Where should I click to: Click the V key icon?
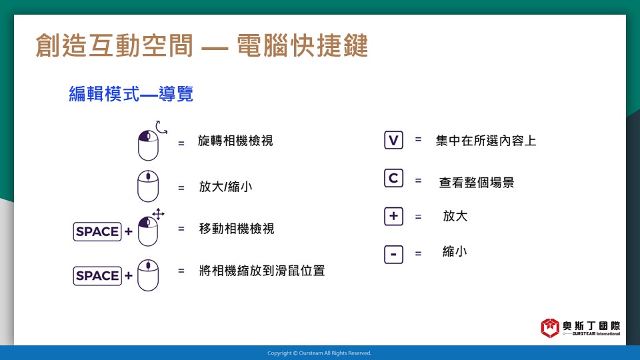coord(393,140)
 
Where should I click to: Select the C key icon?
coord(393,178)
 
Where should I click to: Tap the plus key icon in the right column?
coord(393,216)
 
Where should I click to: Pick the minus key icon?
coord(393,254)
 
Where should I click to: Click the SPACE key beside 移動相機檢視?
coord(97,231)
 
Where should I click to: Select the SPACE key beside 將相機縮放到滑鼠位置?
coord(97,275)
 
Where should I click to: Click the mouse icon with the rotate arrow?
coord(148,145)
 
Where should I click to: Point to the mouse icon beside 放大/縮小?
coord(148,186)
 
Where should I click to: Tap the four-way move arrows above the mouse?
coord(159,214)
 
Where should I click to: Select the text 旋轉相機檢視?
coord(235,141)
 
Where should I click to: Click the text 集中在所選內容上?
coord(486,141)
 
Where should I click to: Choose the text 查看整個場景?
coord(476,183)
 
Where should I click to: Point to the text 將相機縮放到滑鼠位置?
coord(262,271)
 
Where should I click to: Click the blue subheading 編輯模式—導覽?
coord(131,94)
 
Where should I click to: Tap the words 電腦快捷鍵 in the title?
coord(303,45)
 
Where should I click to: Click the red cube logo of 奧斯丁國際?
coord(550,328)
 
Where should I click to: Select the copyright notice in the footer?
coord(319,353)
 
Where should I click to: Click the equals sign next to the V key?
coord(419,139)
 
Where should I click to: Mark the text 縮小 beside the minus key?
coord(455,251)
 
